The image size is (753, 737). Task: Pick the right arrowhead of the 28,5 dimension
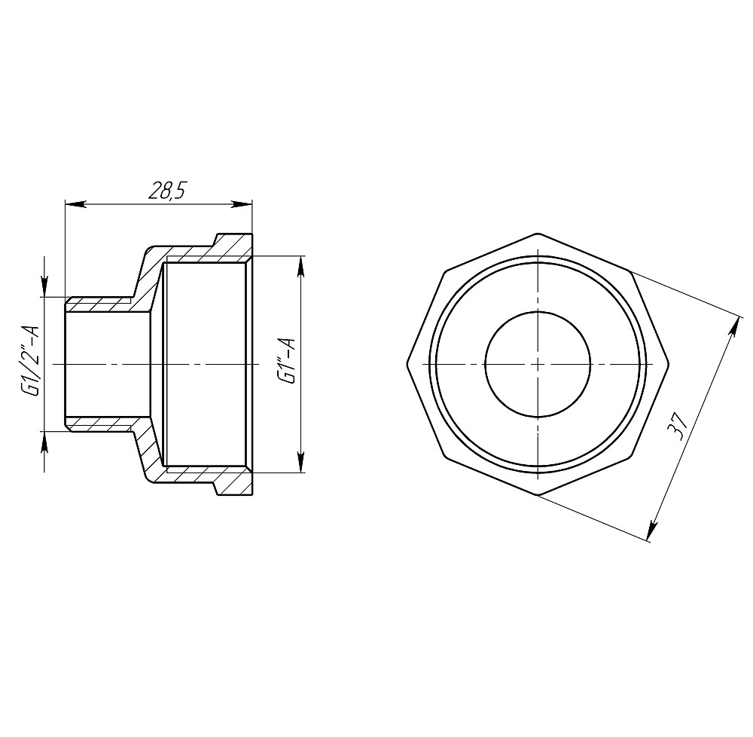(x=243, y=203)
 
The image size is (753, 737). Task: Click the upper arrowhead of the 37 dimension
(x=734, y=325)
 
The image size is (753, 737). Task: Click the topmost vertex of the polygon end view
(x=538, y=231)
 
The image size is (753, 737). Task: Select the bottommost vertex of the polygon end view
(x=538, y=495)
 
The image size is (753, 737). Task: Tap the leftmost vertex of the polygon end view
(x=407, y=363)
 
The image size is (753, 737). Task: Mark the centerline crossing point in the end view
(x=538, y=363)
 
